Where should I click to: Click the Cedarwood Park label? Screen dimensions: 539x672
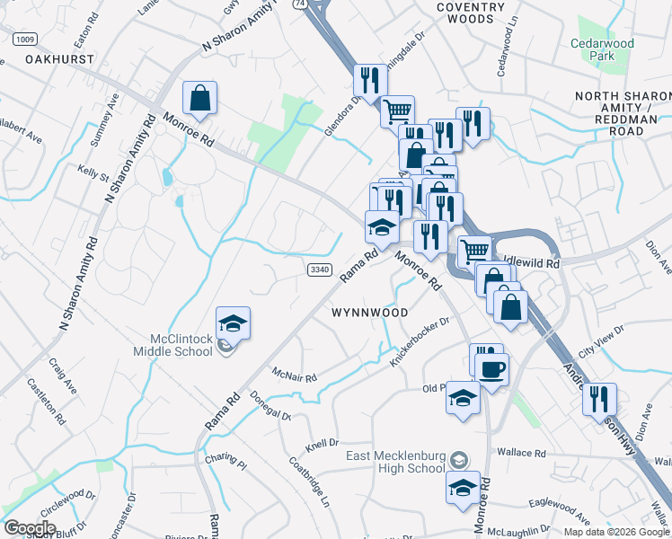[x=601, y=49]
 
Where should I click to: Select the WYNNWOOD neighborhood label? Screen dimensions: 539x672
[x=370, y=313]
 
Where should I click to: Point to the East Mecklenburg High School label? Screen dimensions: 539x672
[x=396, y=462]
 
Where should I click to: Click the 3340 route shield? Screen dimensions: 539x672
[x=320, y=269]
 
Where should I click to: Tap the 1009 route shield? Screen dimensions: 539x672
[x=24, y=39]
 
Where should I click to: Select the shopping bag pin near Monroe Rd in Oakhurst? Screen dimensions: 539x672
[x=200, y=99]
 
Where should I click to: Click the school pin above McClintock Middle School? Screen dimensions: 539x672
[x=233, y=323]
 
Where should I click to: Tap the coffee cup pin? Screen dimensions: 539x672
[x=491, y=368]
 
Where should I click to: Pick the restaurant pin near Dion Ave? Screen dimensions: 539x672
[x=598, y=400]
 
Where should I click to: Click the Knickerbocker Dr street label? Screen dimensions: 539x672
[x=420, y=342]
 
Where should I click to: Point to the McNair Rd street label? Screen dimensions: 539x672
[x=295, y=374]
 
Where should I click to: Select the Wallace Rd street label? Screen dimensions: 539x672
[x=526, y=454]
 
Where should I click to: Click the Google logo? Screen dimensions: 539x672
[x=30, y=528]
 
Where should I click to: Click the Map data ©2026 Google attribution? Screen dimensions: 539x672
[x=616, y=532]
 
